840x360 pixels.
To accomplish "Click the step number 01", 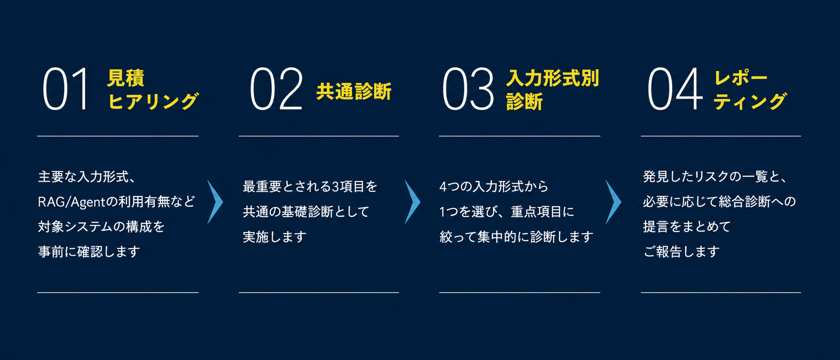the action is (66, 89).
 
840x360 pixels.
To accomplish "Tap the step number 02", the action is (276, 89).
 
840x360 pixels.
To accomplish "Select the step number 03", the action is (468, 89).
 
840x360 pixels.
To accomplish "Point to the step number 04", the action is (675, 89).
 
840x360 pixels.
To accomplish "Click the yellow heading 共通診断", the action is (354, 91).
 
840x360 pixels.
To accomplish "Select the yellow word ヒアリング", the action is (153, 102).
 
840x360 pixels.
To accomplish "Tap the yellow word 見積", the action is (126, 78).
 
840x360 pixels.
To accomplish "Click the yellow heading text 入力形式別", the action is (552, 78).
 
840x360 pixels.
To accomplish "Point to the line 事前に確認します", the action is (89, 252).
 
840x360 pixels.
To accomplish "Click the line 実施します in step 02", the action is (275, 237).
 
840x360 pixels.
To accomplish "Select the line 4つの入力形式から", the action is (494, 187).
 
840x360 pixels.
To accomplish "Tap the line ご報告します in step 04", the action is (681, 252).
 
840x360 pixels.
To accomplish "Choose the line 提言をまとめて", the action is (687, 227).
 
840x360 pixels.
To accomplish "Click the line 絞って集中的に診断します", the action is (516, 237).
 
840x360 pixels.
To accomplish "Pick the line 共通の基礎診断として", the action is (306, 212).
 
